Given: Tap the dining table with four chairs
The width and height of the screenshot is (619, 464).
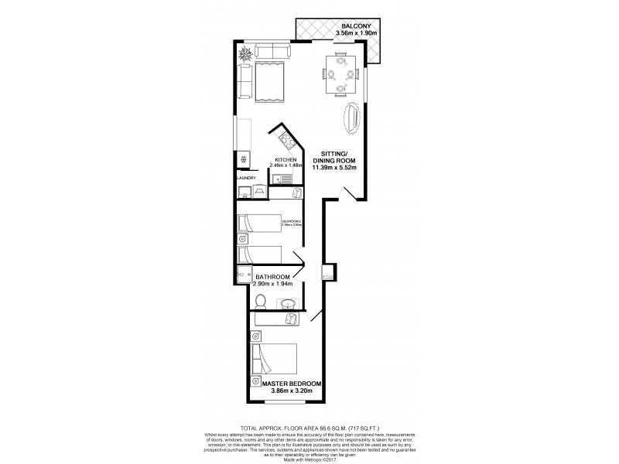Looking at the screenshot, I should (341, 75).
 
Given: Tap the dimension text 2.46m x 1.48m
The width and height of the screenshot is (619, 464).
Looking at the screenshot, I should (285, 165).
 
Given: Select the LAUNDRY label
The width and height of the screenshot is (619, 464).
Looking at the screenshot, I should (246, 177).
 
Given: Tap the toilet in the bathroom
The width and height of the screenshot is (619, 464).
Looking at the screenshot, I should (261, 299).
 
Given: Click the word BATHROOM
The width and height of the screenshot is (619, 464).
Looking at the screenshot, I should (273, 277).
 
